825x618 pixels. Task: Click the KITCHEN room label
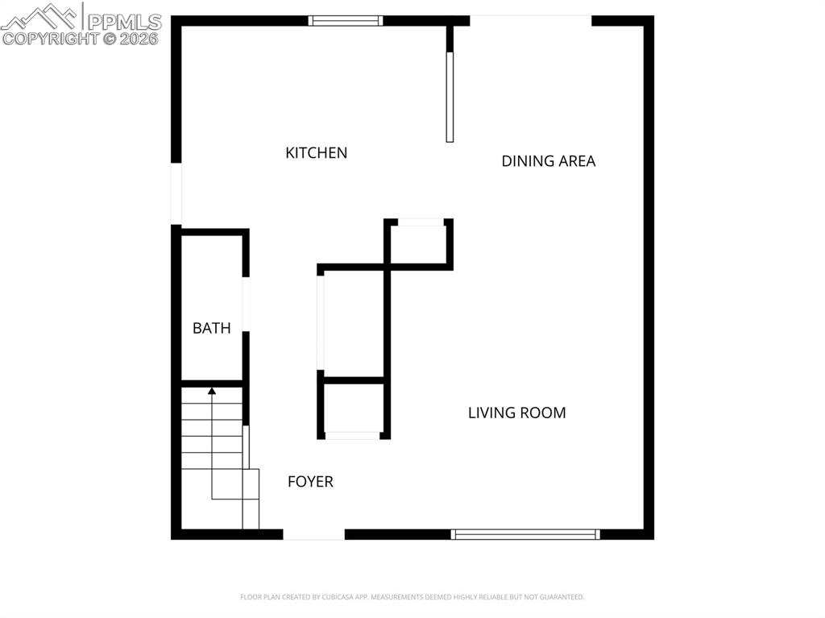pos(316,152)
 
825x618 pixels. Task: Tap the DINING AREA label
pos(548,161)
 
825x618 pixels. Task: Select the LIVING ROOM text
pos(516,413)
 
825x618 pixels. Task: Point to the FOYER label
pos(310,482)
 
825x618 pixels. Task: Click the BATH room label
pos(211,328)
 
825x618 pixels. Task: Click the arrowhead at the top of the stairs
pos(212,392)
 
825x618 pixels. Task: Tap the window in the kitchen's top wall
pos(346,21)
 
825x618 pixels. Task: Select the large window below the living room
pos(525,533)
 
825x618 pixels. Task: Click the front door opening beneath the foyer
pos(313,533)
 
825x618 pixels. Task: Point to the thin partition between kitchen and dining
pos(450,97)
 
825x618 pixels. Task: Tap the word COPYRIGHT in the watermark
pos(50,38)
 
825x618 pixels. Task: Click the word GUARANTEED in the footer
pos(559,597)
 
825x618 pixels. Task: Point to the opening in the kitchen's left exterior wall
pos(176,194)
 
